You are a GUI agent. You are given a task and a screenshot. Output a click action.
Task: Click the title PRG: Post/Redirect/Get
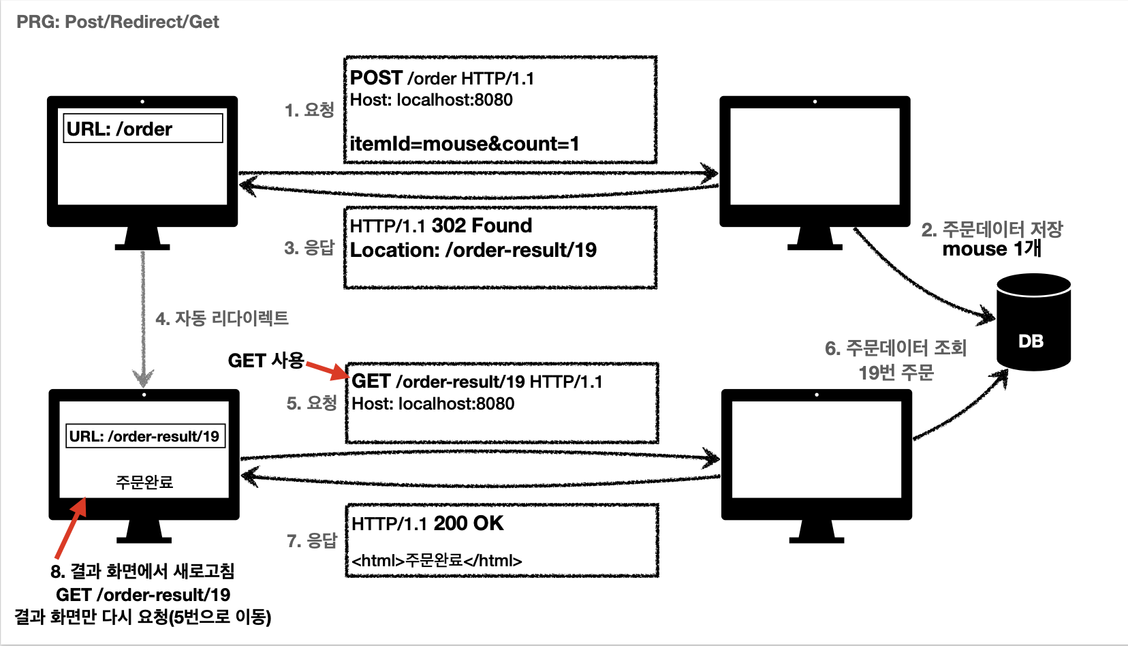tap(117, 22)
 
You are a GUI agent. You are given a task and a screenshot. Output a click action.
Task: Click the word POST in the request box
tap(376, 78)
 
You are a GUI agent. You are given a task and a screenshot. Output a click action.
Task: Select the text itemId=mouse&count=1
tap(464, 144)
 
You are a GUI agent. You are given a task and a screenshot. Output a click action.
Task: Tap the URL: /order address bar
tap(143, 129)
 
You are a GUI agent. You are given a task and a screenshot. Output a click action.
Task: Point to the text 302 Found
tap(482, 226)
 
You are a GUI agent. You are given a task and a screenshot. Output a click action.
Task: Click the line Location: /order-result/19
tap(473, 250)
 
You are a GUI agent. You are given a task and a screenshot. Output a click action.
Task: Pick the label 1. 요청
tap(309, 110)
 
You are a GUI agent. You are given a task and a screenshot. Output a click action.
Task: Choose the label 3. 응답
tap(309, 247)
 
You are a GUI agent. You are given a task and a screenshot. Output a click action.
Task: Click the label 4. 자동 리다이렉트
tap(222, 318)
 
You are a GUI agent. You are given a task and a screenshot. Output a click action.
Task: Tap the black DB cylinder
tap(1033, 322)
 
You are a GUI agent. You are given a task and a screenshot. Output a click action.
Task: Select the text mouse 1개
tap(991, 249)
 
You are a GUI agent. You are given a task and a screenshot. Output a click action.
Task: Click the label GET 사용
tap(266, 360)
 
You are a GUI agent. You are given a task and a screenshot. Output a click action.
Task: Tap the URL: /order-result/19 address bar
tap(144, 436)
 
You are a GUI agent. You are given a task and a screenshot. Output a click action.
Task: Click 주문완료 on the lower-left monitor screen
tap(144, 482)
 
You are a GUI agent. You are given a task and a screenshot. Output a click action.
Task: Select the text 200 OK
tap(468, 523)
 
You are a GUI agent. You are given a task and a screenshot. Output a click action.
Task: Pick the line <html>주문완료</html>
tap(437, 561)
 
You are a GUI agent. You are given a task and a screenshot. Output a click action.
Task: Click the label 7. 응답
tap(312, 541)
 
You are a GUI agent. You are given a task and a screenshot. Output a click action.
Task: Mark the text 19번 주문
tap(896, 373)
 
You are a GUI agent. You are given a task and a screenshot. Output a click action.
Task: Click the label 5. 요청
tap(311, 403)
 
